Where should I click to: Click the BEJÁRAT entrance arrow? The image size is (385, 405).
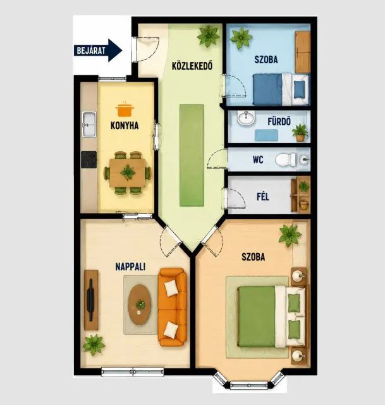tap(98, 51)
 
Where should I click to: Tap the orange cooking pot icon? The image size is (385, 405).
tap(125, 109)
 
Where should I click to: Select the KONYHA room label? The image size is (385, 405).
tap(125, 125)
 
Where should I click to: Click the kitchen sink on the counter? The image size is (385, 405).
tap(89, 124)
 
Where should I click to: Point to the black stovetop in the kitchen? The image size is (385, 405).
tap(89, 159)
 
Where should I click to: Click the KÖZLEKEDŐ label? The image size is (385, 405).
tap(192, 66)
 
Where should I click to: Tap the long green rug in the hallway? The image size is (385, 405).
tap(192, 155)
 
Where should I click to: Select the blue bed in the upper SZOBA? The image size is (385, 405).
tap(281, 89)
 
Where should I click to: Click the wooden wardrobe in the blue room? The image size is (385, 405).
tap(303, 52)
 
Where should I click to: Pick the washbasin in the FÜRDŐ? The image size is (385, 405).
tap(246, 118)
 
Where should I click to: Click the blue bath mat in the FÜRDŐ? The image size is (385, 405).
tap(266, 135)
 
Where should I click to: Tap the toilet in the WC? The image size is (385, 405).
tap(286, 159)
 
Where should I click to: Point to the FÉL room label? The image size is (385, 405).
tap(263, 197)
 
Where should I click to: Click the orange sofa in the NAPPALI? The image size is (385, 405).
tap(173, 307)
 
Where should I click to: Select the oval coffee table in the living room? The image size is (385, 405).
tap(140, 304)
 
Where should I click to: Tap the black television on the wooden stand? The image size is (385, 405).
tap(90, 300)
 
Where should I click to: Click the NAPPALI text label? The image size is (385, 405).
tap(130, 266)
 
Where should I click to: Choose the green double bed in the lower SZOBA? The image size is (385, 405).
tap(273, 316)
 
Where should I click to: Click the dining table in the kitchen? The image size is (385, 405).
tap(128, 173)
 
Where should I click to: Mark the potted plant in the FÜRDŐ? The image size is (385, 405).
tap(300, 132)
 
